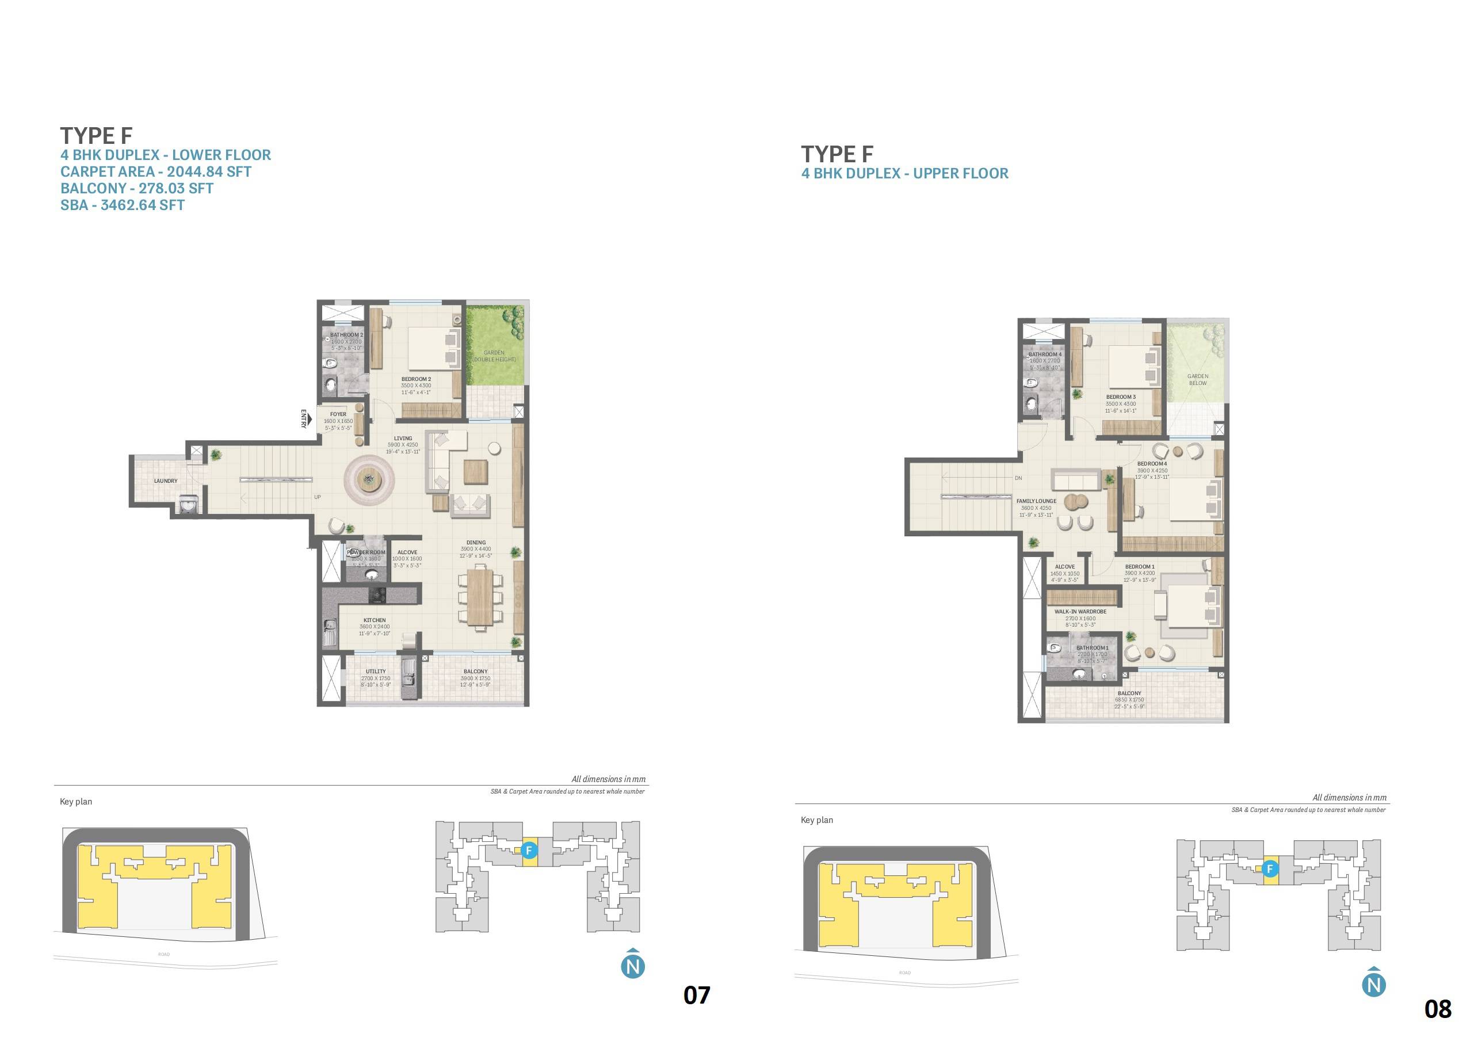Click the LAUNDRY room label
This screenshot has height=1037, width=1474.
pos(166,481)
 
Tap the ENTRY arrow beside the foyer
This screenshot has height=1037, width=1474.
pos(309,420)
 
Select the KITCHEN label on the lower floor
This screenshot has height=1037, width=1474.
pos(375,620)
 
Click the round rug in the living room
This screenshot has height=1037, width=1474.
pos(369,478)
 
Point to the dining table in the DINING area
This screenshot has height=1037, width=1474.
pos(480,597)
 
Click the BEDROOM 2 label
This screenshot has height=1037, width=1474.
pos(416,379)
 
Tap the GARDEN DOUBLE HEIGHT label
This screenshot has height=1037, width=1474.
pos(494,356)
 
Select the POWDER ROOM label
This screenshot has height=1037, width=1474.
pos(366,552)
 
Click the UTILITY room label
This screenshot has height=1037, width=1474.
pos(376,672)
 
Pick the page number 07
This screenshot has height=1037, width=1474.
pos(697,995)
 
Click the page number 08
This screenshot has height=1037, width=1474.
pos(1437,1009)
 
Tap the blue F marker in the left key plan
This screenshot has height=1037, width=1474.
pos(529,850)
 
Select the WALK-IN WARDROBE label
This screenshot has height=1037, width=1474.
pos(1080,612)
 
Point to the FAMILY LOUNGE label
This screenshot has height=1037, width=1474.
pos(1036,501)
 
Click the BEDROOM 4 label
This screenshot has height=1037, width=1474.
pos(1152,464)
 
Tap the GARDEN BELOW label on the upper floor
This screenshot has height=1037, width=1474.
pos(1198,379)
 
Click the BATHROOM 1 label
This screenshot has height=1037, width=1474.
pos(1092,648)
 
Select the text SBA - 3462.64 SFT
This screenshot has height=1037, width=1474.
pos(123,205)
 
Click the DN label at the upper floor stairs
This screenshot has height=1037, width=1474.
pos(1018,478)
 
